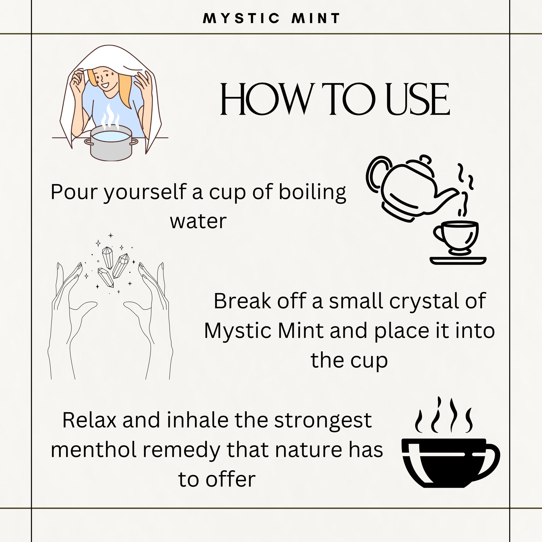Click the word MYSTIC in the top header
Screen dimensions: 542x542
(241, 18)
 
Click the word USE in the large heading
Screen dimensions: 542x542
(418, 99)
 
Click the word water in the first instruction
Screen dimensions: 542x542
(198, 222)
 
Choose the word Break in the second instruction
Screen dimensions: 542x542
(243, 301)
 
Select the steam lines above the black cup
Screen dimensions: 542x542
(444, 416)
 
